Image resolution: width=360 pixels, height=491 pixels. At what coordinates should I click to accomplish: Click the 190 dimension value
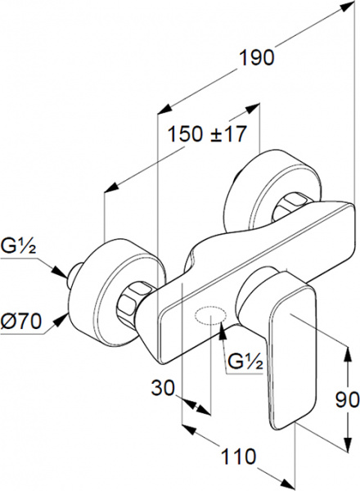[256, 57]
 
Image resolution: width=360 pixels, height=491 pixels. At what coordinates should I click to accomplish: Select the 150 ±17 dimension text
[206, 134]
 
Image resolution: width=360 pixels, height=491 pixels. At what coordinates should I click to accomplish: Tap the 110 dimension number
[238, 456]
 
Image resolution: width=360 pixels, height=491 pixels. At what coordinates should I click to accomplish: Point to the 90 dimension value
[347, 399]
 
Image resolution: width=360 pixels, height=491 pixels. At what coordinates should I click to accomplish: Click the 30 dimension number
[163, 388]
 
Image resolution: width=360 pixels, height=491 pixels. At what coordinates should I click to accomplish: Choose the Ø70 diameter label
[20, 321]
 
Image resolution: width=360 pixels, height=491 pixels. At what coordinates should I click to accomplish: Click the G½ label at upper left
[19, 247]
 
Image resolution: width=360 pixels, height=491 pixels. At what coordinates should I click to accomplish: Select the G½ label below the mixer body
[245, 362]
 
